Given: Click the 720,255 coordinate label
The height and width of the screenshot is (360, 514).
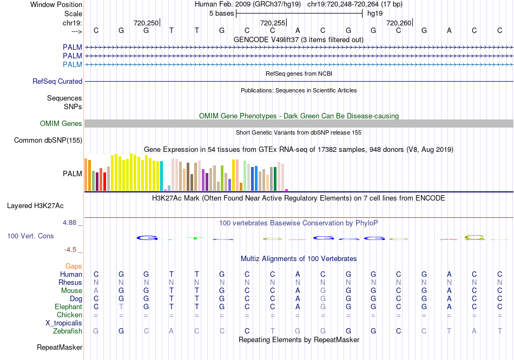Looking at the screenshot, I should pyautogui.click(x=272, y=23).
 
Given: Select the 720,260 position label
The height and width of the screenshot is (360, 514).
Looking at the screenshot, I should pyautogui.click(x=398, y=23).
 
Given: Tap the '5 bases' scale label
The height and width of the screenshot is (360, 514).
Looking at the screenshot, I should pyautogui.click(x=221, y=14).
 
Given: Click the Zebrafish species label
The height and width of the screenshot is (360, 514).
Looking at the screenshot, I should pyautogui.click(x=68, y=331).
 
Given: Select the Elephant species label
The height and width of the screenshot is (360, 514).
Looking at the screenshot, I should pyautogui.click(x=68, y=306).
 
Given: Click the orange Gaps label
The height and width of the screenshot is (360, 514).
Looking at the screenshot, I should pyautogui.click(x=74, y=266).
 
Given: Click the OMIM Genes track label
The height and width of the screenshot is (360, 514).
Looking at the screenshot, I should pyautogui.click(x=61, y=124).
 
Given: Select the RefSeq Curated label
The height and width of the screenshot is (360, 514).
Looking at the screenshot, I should pyautogui.click(x=57, y=82).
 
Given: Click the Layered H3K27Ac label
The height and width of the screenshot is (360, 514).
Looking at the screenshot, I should pyautogui.click(x=35, y=205).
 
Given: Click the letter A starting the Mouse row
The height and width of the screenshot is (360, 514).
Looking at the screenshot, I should pyautogui.click(x=96, y=290).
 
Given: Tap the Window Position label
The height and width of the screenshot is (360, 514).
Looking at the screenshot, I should pyautogui.click(x=56, y=4).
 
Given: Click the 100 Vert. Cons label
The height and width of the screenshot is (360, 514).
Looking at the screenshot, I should pyautogui.click(x=30, y=236).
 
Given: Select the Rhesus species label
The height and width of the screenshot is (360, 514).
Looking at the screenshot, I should pyautogui.click(x=70, y=282).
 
